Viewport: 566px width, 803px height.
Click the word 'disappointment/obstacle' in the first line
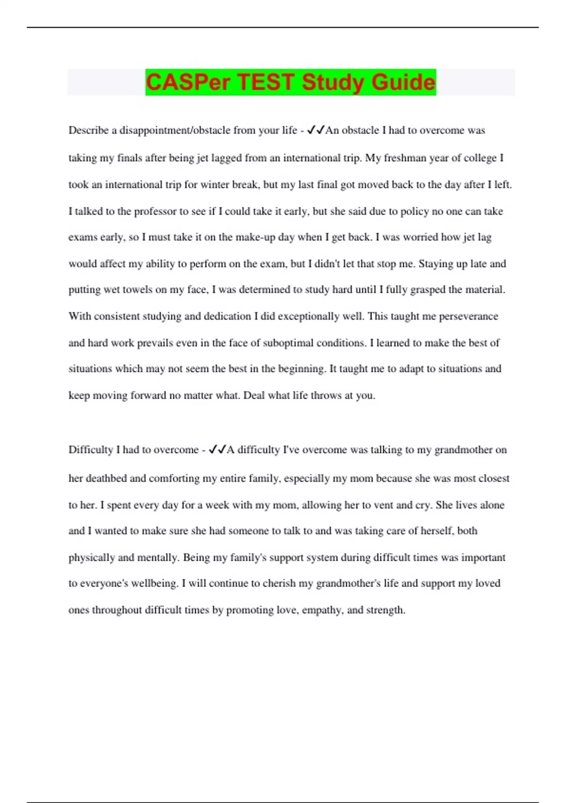pos(187,130)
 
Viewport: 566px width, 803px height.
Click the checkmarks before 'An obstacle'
pos(316,130)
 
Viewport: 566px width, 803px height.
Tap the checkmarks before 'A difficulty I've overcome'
pos(217,449)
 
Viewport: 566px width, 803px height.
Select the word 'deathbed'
pos(106,478)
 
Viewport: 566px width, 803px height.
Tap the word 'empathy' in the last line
pos(323,610)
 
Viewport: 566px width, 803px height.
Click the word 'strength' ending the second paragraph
pos(385,610)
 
